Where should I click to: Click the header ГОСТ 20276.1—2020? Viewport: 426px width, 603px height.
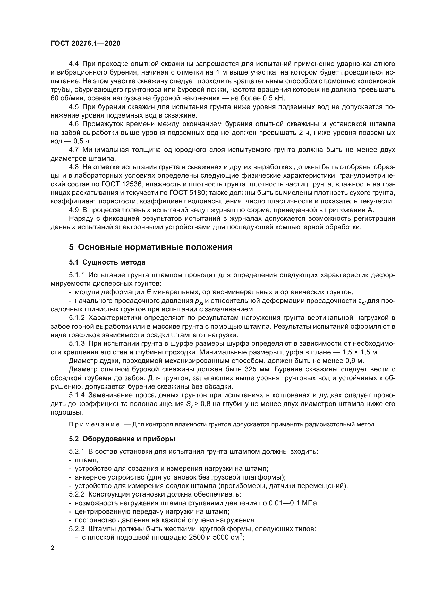tap(85, 43)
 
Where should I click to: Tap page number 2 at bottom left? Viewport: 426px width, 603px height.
tap(53, 548)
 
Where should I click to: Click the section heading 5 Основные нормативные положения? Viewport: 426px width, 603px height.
tap(151, 247)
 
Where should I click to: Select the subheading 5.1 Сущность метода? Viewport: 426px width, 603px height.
tap(107, 262)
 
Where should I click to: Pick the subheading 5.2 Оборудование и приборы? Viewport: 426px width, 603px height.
tap(122, 439)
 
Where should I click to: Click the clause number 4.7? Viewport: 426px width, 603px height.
tap(73, 150)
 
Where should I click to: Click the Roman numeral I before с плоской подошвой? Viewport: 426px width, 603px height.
tap(70, 537)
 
